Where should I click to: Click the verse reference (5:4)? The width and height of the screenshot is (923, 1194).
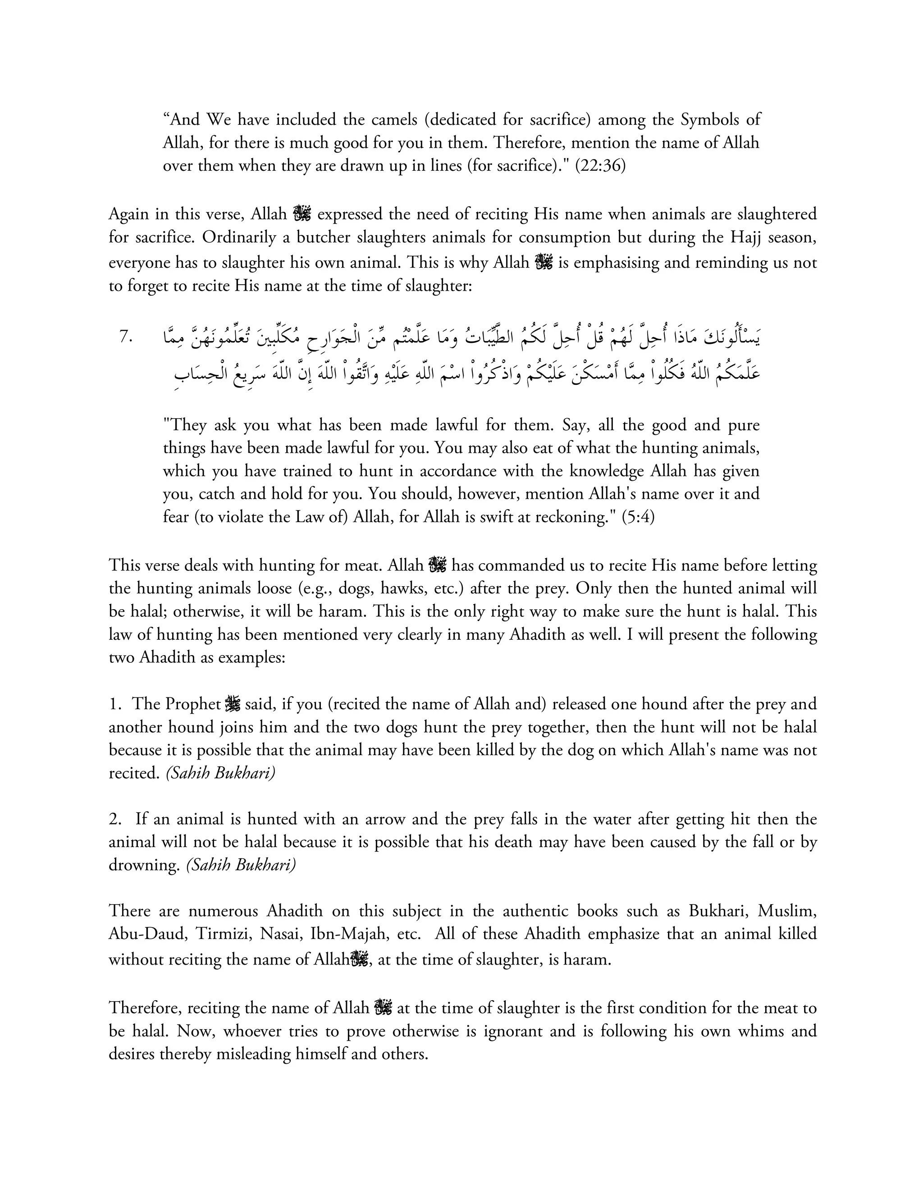point(638,517)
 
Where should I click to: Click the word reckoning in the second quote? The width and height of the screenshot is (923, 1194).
point(572,517)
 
